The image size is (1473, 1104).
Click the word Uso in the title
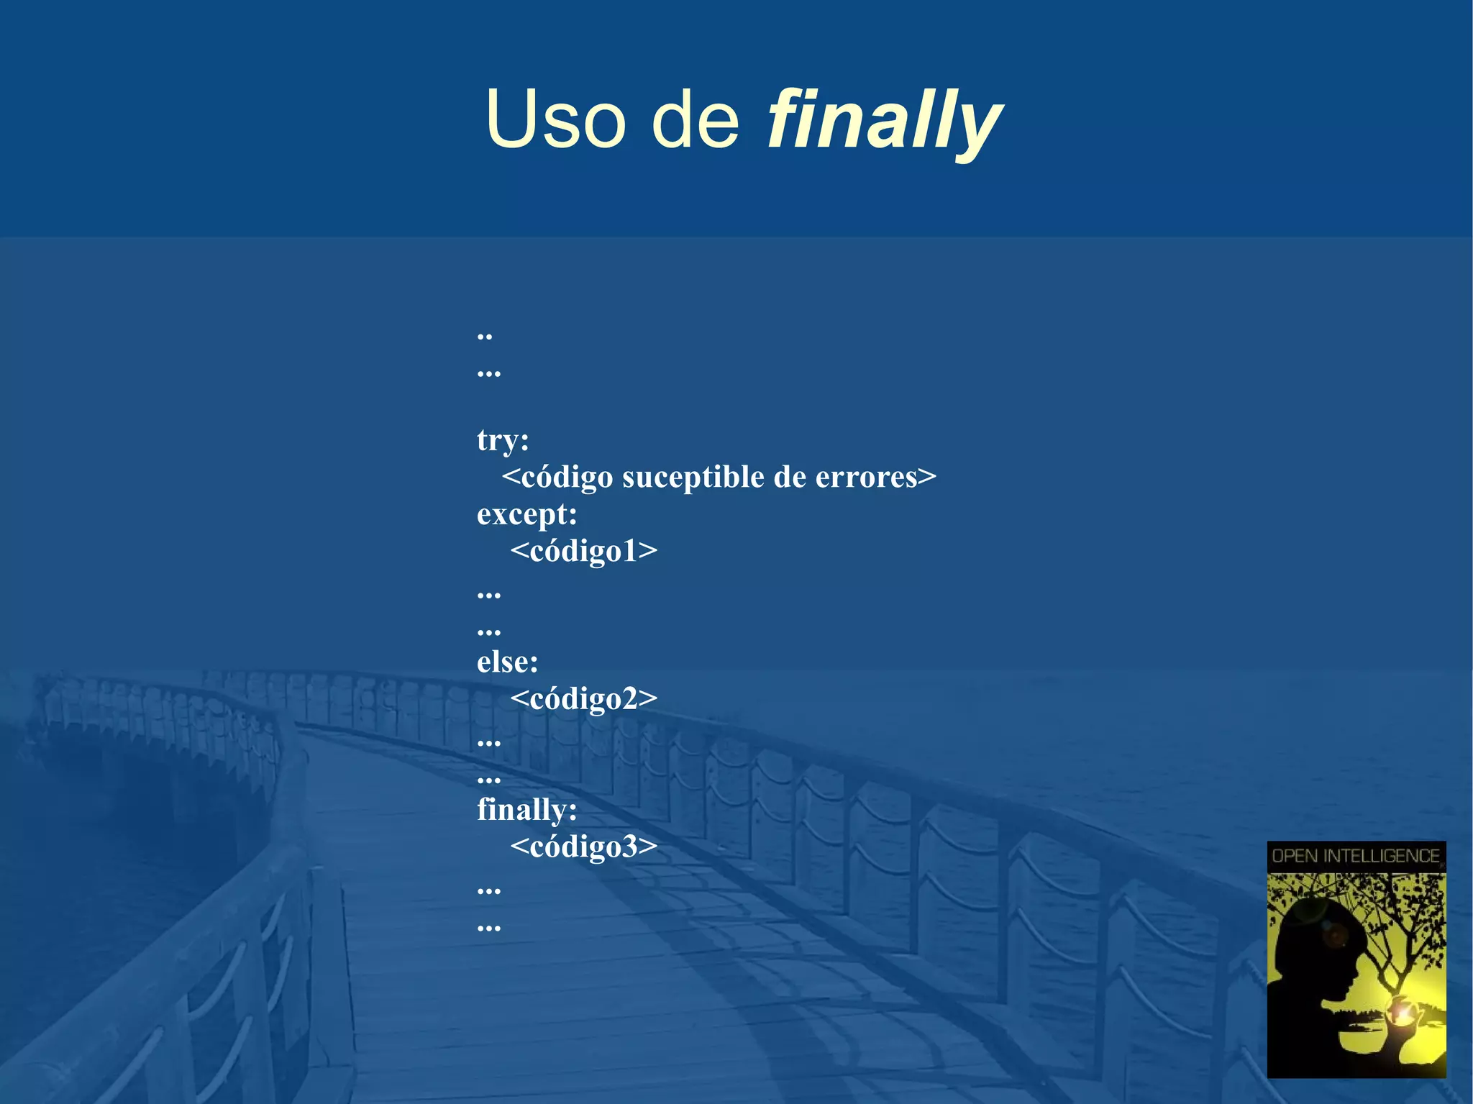point(556,119)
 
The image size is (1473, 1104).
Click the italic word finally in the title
point(884,119)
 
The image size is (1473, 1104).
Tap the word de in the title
point(695,119)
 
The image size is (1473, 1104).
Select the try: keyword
point(503,440)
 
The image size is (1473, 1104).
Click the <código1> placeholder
point(583,552)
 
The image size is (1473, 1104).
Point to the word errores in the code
point(866,478)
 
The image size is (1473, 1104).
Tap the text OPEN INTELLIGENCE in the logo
point(1356,856)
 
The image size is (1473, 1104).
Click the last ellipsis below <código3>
point(488,927)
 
